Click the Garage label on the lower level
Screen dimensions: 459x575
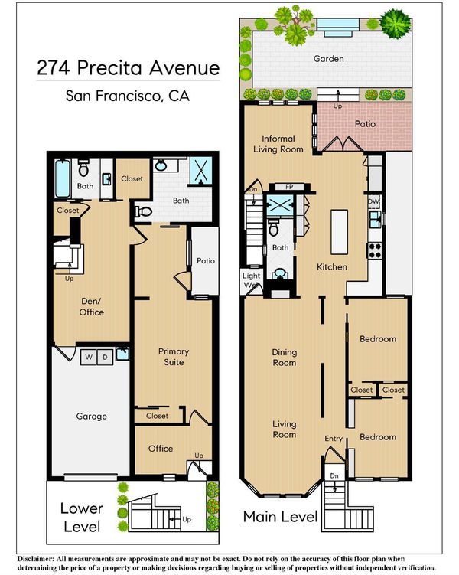click(x=91, y=417)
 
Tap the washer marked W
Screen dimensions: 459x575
click(x=89, y=357)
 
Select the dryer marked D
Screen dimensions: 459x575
click(x=105, y=357)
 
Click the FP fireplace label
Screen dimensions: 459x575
click(x=289, y=187)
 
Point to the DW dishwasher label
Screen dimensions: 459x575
click(x=373, y=201)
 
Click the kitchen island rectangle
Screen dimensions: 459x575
click(x=339, y=232)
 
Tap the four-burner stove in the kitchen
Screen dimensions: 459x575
click(x=375, y=250)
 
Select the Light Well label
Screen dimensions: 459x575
click(x=251, y=280)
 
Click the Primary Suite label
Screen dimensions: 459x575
click(x=174, y=357)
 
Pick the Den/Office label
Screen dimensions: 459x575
click(x=92, y=306)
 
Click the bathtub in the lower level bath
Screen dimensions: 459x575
click(x=62, y=178)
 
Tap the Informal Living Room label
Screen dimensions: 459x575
click(x=278, y=144)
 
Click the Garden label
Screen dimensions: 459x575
click(x=329, y=59)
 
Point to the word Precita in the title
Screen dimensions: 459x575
click(x=109, y=68)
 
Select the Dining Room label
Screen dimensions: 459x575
click(x=285, y=358)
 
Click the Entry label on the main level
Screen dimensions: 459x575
click(x=334, y=439)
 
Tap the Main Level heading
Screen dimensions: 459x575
click(x=280, y=517)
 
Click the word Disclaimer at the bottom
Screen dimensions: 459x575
click(x=35, y=559)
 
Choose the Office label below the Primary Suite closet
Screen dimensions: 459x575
click(x=161, y=449)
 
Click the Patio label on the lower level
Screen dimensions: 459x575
click(x=206, y=261)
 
